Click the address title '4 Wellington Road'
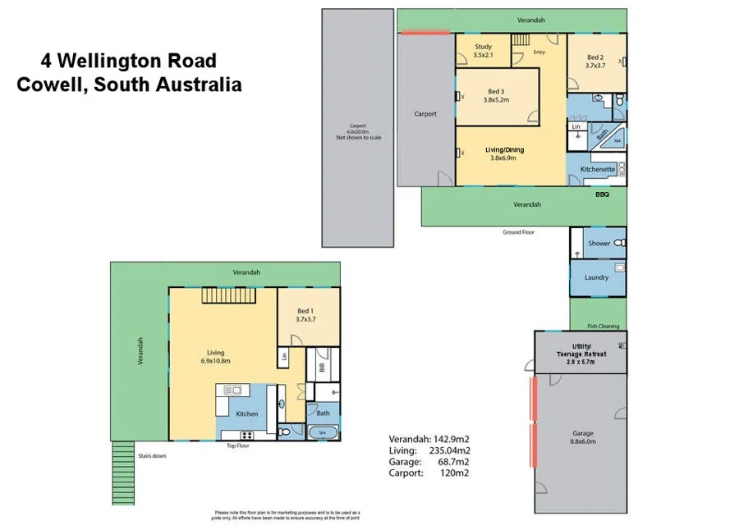tap(129, 61)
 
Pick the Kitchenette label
tap(597, 169)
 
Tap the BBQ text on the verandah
tap(602, 195)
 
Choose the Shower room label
tap(599, 244)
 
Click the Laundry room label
tap(596, 277)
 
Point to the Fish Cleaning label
tap(603, 326)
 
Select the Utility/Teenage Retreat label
tap(581, 350)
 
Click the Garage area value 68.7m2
tap(453, 462)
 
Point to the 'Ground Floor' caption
tap(518, 232)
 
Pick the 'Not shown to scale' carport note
tap(358, 138)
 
